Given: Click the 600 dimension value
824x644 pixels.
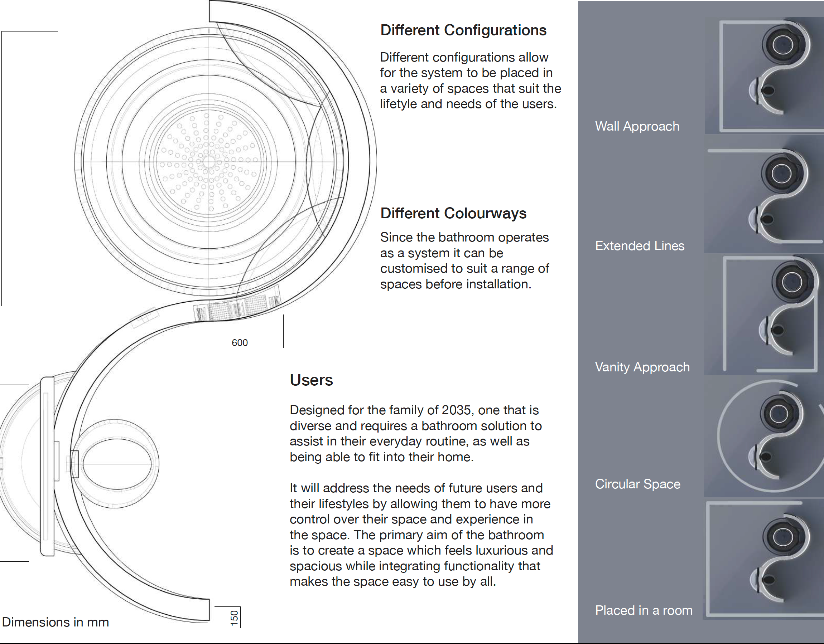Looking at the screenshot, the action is (240, 342).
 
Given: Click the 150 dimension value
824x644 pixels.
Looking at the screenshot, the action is (234, 618).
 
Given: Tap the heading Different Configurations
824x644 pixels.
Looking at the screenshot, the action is (463, 30).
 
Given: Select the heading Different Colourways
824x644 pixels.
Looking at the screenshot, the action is (453, 213).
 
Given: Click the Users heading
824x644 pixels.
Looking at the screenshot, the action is (311, 380).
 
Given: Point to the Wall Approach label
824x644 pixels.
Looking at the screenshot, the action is (637, 126).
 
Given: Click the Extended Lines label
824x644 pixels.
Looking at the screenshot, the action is (640, 246).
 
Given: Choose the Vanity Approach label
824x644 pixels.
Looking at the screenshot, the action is (642, 367).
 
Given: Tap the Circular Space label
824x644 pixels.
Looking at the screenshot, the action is (638, 484).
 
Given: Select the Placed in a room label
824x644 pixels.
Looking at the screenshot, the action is (644, 610).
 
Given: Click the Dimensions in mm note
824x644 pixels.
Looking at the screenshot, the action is (56, 622).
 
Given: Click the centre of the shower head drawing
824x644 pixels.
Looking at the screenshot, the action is (209, 162).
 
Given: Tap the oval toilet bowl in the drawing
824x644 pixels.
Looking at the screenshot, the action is (117, 464).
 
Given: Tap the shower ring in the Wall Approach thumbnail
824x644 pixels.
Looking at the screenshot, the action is (782, 45).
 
